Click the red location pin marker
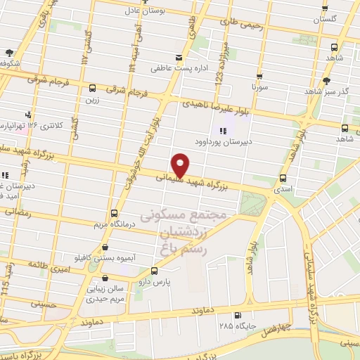coord(181,165)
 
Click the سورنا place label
coord(262,89)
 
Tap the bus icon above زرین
coord(93,88)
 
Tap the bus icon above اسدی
coord(283,179)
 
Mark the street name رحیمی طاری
coord(241,24)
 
